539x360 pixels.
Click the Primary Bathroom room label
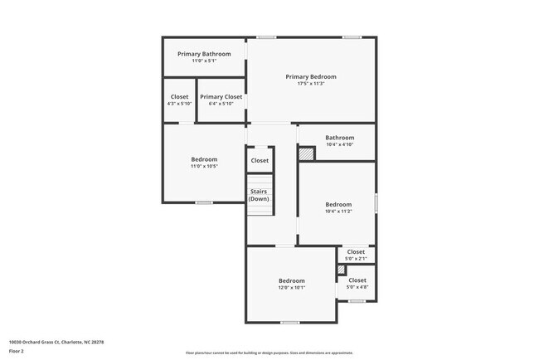click(x=204, y=54)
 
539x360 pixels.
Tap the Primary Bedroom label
click(x=311, y=76)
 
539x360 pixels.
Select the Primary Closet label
click(x=221, y=97)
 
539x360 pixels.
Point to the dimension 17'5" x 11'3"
click(x=311, y=83)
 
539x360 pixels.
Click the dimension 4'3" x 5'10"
click(x=179, y=104)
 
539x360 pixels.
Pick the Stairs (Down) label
click(x=259, y=195)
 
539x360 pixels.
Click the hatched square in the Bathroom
click(x=307, y=153)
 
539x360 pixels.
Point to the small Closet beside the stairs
click(x=260, y=160)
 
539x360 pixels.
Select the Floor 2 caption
click(x=17, y=351)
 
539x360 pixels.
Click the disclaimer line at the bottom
click(x=269, y=353)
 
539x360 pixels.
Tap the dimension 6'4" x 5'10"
click(x=221, y=104)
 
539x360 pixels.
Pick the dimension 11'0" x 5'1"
click(x=204, y=61)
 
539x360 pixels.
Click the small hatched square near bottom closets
click(x=341, y=270)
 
